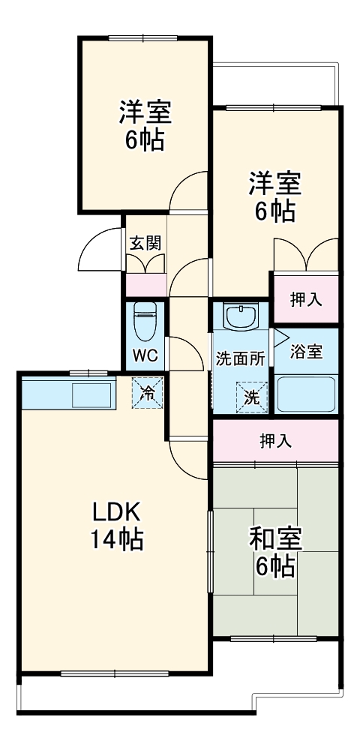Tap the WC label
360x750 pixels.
tap(145, 355)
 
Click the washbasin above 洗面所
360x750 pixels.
tap(240, 318)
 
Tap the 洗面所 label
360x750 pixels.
tap(240, 358)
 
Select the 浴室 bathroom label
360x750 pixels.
tap(307, 352)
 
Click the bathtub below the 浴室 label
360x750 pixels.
tap(306, 393)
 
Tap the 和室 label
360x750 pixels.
tap(275, 538)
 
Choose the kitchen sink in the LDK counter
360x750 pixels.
tap(91, 394)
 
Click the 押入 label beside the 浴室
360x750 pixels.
tap(306, 299)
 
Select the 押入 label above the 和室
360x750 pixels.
tap(275, 441)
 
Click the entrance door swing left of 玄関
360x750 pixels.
tap(100, 251)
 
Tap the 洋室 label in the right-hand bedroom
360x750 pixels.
tap(274, 184)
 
